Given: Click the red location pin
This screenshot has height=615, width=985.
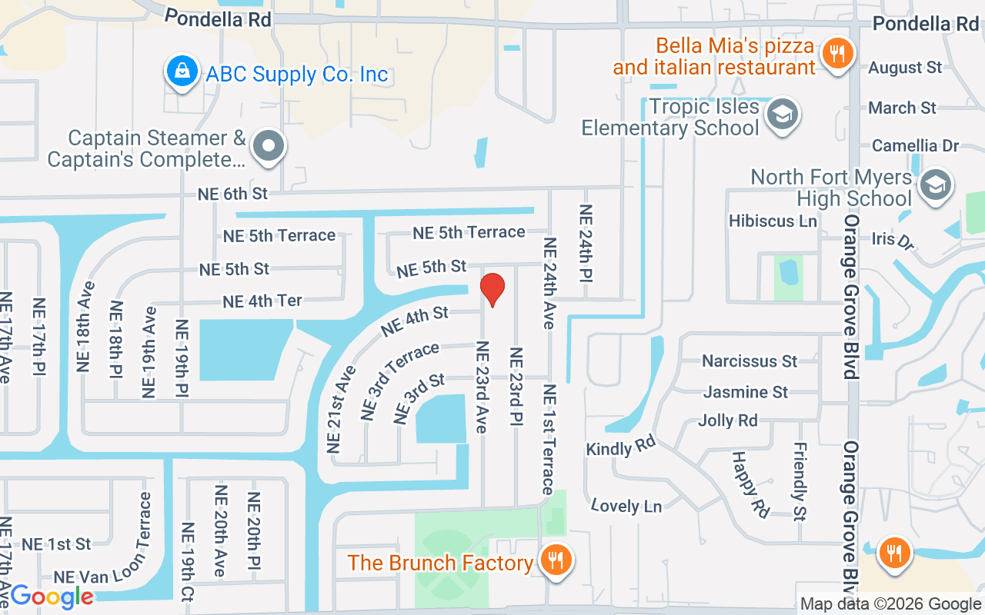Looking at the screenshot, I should pyautogui.click(x=492, y=289).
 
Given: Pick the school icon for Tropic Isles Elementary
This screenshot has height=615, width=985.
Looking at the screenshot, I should pyautogui.click(x=783, y=115).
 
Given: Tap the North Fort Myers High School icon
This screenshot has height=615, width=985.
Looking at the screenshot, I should pyautogui.click(x=935, y=185).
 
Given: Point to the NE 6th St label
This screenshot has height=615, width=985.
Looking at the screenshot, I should pyautogui.click(x=232, y=194).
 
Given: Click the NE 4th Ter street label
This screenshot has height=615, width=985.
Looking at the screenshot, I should pyautogui.click(x=262, y=301).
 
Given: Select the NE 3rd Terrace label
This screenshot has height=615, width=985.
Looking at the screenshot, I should pyautogui.click(x=399, y=381).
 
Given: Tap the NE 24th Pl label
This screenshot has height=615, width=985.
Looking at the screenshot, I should pyautogui.click(x=586, y=243).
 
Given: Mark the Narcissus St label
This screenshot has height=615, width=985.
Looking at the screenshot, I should pyautogui.click(x=750, y=361).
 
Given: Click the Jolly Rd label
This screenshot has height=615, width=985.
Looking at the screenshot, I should pyautogui.click(x=727, y=421).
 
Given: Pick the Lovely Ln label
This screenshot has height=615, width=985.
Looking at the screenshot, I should pyautogui.click(x=626, y=505).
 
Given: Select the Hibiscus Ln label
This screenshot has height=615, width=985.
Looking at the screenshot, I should pyautogui.click(x=773, y=221).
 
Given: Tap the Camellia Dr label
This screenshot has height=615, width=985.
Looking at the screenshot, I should pyautogui.click(x=915, y=145).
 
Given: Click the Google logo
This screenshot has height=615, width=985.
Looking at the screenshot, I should pyautogui.click(x=52, y=596).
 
